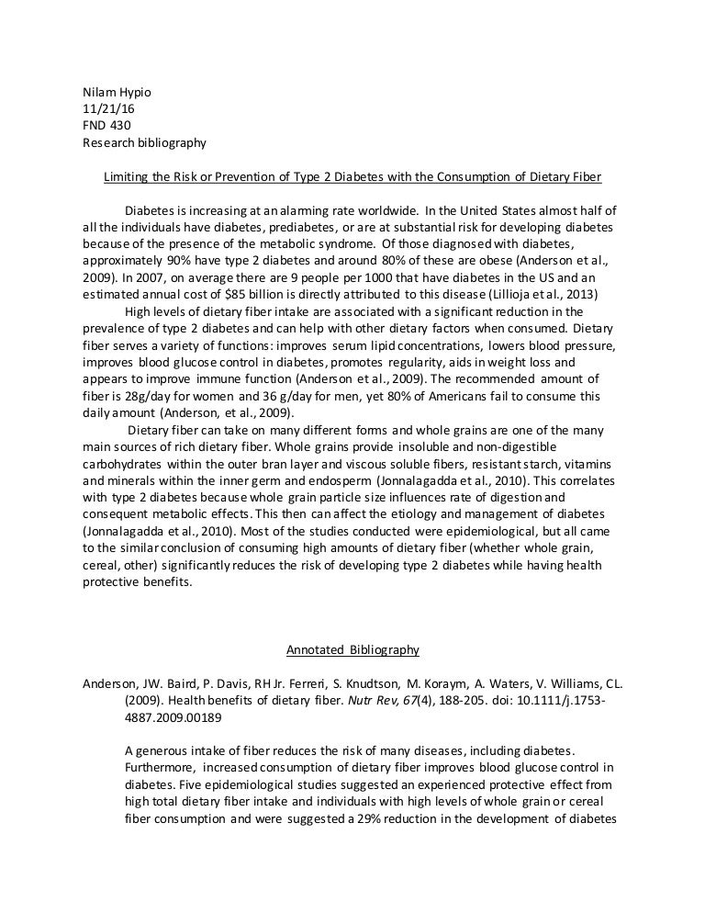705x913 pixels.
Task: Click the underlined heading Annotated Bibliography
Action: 352,649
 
